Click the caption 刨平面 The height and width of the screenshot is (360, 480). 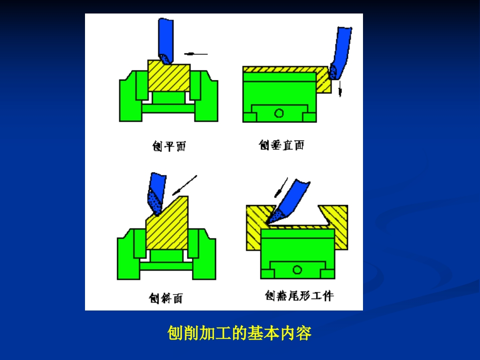(x=169, y=146)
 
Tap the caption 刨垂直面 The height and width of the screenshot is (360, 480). (x=281, y=145)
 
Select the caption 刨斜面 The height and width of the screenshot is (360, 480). (x=166, y=298)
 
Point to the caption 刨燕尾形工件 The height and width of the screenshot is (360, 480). (x=299, y=295)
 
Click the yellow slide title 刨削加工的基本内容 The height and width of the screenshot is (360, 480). (x=239, y=333)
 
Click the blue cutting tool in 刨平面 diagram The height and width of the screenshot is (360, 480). (x=165, y=40)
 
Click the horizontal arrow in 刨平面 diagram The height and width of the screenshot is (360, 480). (x=196, y=54)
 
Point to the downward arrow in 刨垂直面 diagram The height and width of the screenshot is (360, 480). (x=340, y=89)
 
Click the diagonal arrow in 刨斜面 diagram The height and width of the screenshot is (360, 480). (x=184, y=185)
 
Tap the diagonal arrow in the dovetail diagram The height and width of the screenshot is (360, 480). (x=281, y=187)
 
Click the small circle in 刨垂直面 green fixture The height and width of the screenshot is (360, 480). (x=279, y=113)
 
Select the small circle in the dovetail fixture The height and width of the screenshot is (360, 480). (x=297, y=269)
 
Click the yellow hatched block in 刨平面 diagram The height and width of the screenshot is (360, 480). (x=169, y=75)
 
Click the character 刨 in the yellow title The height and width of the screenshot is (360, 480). (x=175, y=333)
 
